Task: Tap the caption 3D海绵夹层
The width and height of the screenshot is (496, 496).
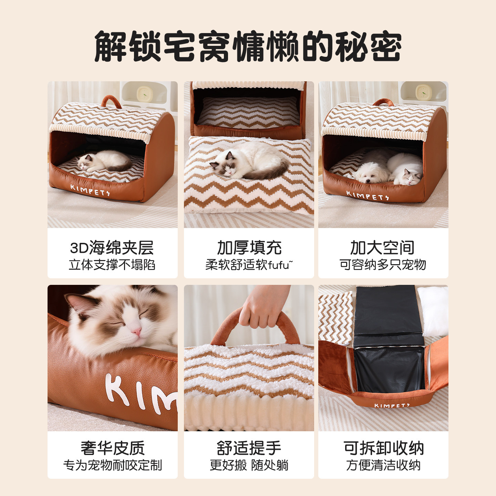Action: (112, 247)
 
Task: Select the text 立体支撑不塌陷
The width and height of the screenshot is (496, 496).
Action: (112, 265)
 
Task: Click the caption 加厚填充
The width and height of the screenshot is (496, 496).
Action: (249, 247)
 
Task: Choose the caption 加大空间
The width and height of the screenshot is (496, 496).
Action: (382, 247)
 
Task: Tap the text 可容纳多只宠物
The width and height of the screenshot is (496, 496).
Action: (383, 265)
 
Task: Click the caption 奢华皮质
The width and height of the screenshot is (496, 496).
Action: (113, 448)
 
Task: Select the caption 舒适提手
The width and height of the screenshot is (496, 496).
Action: (249, 448)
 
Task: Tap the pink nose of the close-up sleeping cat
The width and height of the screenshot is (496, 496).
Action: (137, 332)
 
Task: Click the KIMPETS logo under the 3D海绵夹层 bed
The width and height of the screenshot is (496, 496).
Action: (90, 190)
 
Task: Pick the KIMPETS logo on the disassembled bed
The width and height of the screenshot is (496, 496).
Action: (392, 405)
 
